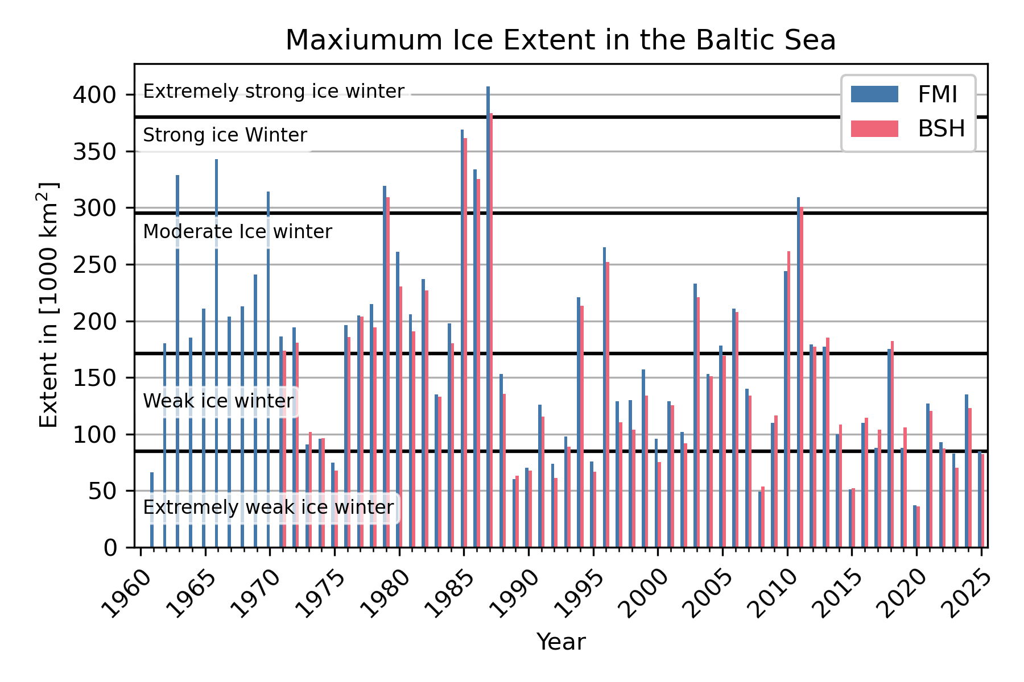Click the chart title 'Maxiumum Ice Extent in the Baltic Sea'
pyautogui.click(x=560, y=40)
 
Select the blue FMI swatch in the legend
pyautogui.click(x=874, y=94)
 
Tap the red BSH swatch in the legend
pyautogui.click(x=874, y=129)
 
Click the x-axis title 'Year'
pyautogui.click(x=560, y=642)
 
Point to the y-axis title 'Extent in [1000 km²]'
pyautogui.click(x=48, y=305)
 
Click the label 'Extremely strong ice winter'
pyautogui.click(x=273, y=92)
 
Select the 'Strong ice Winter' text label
pyautogui.click(x=225, y=135)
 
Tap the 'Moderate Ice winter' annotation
pyautogui.click(x=237, y=232)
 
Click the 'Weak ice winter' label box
pyautogui.click(x=218, y=401)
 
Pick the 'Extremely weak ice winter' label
pyautogui.click(x=268, y=508)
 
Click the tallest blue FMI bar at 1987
pyautogui.click(x=488, y=318)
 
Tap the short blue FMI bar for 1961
pyautogui.click(x=152, y=510)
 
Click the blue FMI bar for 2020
pyautogui.click(x=915, y=526)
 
